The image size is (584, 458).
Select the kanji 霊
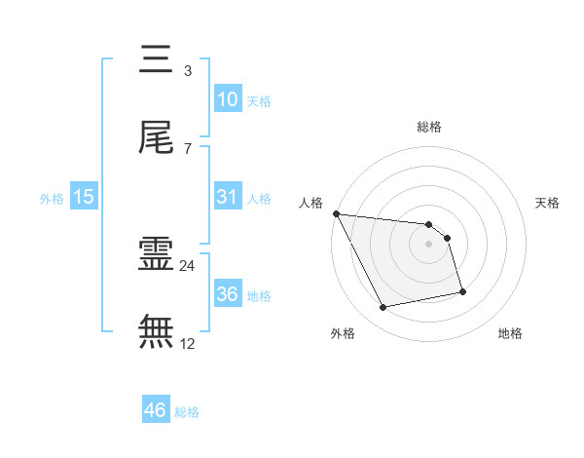click(x=156, y=254)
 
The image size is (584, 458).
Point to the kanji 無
click(x=156, y=331)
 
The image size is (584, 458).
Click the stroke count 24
click(x=188, y=265)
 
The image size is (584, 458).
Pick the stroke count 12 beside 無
click(x=188, y=343)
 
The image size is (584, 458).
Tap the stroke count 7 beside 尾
click(x=187, y=148)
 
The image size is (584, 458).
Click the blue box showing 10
click(x=227, y=98)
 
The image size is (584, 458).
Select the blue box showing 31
click(x=227, y=196)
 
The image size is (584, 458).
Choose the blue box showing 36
click(x=227, y=293)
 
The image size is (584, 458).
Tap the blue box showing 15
click(x=84, y=196)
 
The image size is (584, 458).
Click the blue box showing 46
click(x=155, y=410)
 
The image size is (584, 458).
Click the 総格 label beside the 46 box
click(x=187, y=412)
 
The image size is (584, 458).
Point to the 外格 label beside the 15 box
click(x=52, y=198)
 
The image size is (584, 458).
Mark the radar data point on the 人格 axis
click(x=336, y=213)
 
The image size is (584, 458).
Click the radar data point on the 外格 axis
click(x=383, y=308)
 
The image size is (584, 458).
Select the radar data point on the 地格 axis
click(x=462, y=291)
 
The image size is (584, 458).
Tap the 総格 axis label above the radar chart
click(x=429, y=127)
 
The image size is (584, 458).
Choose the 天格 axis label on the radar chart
click(x=547, y=203)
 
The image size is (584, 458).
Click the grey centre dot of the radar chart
click(x=429, y=243)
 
